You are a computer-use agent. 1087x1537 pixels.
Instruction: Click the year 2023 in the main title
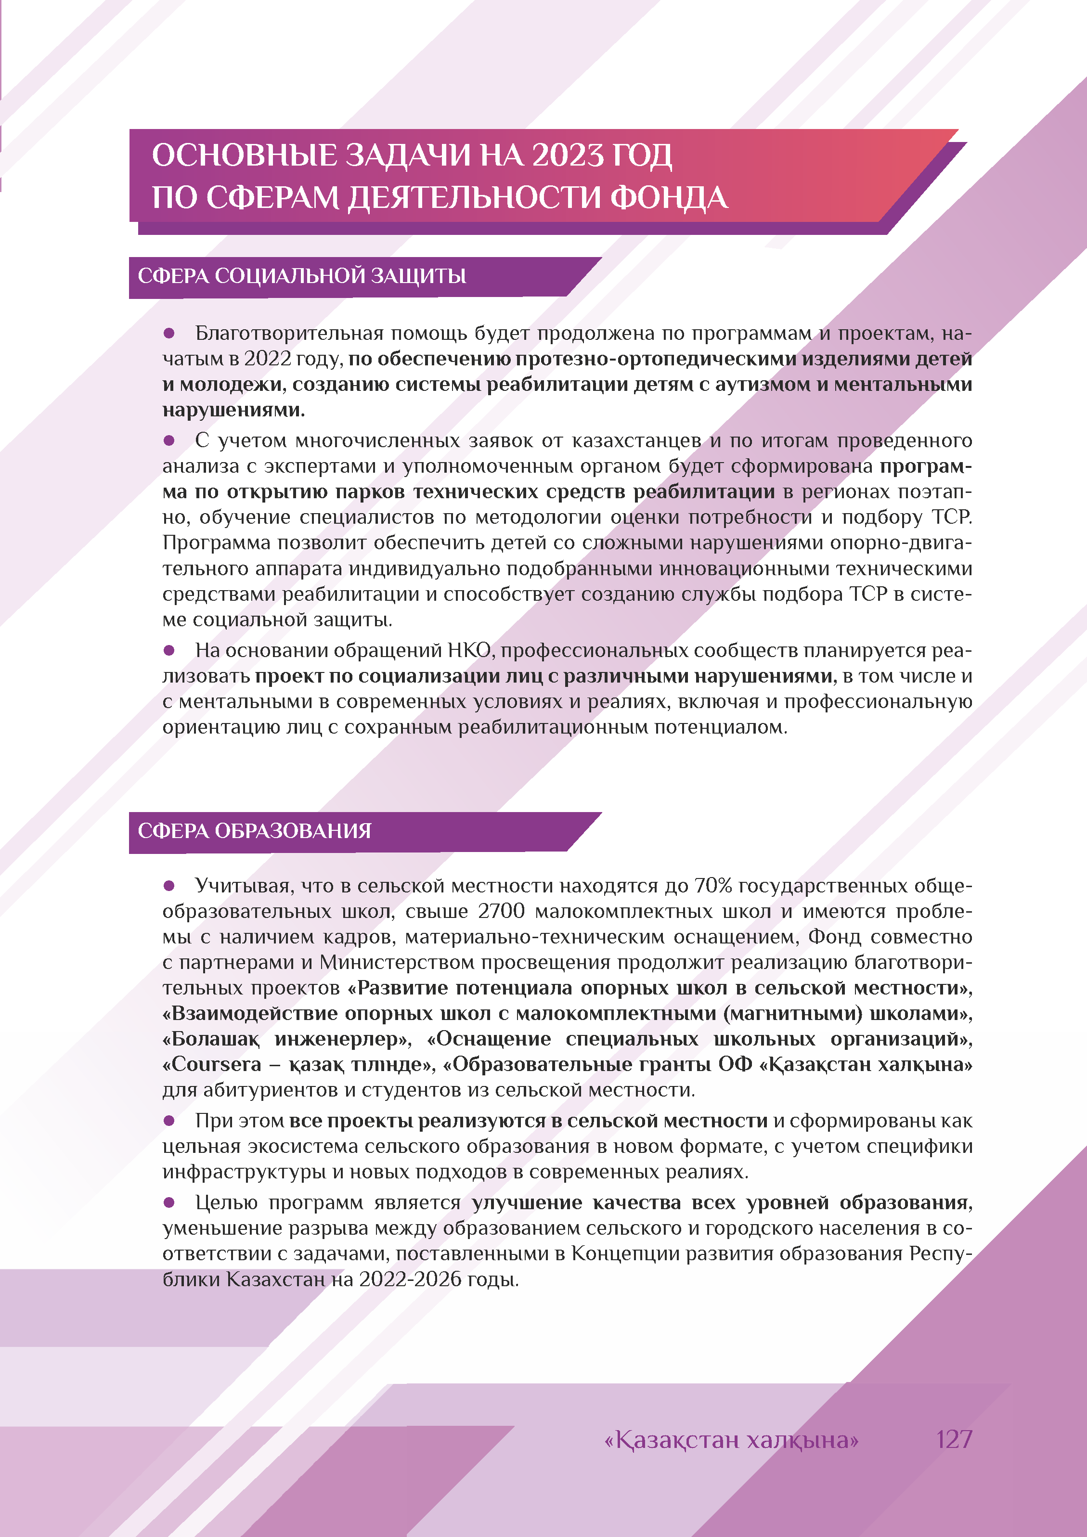[x=567, y=155]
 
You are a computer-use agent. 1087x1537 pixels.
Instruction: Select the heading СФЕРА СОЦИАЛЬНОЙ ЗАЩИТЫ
[x=302, y=276]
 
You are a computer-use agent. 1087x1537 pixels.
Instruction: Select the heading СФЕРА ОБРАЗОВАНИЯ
[x=254, y=831]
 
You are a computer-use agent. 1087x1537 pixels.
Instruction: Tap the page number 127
[x=954, y=1439]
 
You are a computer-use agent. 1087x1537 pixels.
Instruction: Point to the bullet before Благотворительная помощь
[x=169, y=333]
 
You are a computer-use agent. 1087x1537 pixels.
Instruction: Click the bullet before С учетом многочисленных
[x=169, y=440]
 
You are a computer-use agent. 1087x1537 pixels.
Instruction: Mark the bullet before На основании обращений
[x=169, y=650]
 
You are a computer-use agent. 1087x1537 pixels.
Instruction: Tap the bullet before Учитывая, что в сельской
[x=169, y=886]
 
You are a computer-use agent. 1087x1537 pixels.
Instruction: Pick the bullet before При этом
[x=169, y=1121]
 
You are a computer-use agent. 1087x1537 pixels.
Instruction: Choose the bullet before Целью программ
[x=169, y=1202]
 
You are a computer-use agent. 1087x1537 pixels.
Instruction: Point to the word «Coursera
[x=212, y=1064]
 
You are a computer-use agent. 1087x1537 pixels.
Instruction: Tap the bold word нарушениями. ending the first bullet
[x=233, y=410]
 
